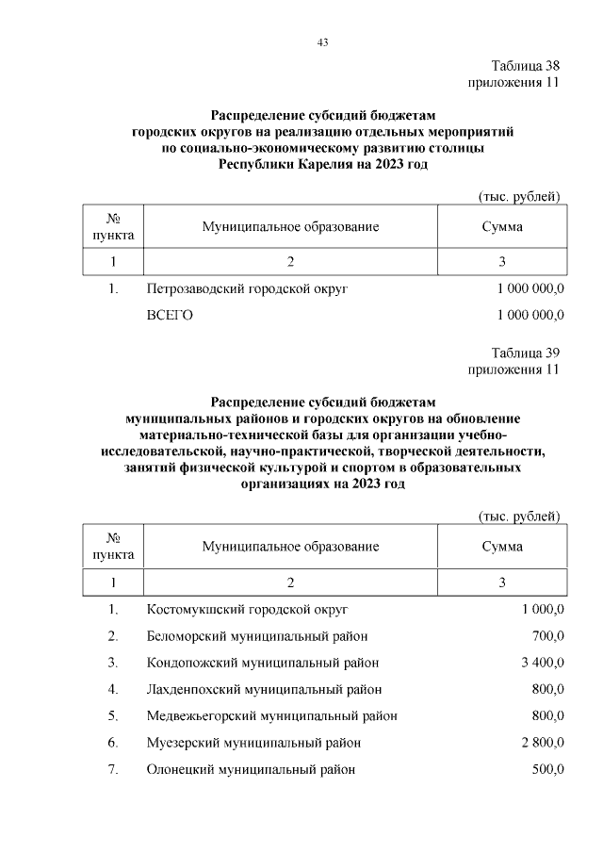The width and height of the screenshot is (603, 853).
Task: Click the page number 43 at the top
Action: [x=322, y=42]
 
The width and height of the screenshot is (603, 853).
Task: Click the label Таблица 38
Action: [x=526, y=66]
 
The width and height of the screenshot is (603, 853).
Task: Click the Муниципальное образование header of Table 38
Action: [x=290, y=227]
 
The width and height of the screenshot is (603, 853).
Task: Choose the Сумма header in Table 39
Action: [x=502, y=547]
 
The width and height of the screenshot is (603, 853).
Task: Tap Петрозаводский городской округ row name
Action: [x=248, y=288]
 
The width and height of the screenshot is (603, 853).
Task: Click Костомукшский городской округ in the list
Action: [x=248, y=609]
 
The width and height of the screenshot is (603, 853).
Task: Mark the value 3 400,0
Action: [x=542, y=663]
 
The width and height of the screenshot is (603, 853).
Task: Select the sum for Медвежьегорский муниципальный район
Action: [x=547, y=715]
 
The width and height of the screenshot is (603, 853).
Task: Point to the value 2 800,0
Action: [x=542, y=743]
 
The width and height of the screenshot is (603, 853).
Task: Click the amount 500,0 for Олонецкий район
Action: [x=547, y=769]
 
